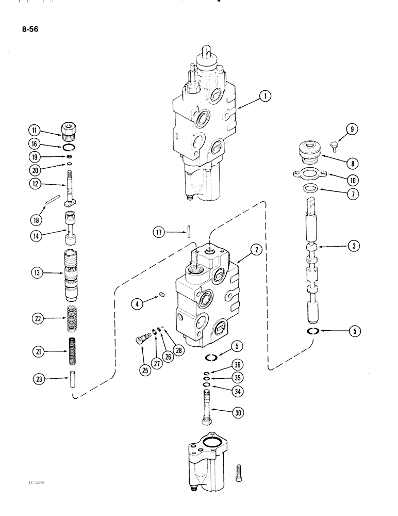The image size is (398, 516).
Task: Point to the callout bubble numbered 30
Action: click(x=236, y=411)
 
